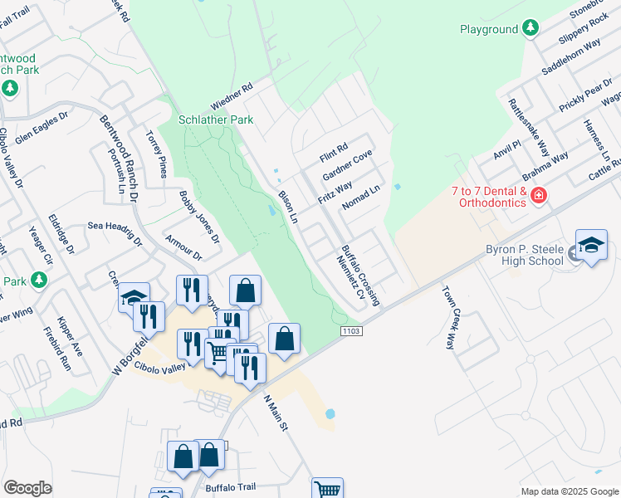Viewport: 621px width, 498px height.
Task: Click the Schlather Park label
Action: coord(218,120)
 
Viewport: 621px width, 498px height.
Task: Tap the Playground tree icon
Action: coord(530,30)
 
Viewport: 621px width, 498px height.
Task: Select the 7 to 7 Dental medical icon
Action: coord(539,196)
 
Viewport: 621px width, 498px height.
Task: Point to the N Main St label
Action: coord(275,412)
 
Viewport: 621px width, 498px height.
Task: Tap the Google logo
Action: coord(27,488)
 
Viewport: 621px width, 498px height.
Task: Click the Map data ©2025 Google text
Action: coord(569,491)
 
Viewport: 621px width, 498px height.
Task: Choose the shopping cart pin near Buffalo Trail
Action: coord(327,490)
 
